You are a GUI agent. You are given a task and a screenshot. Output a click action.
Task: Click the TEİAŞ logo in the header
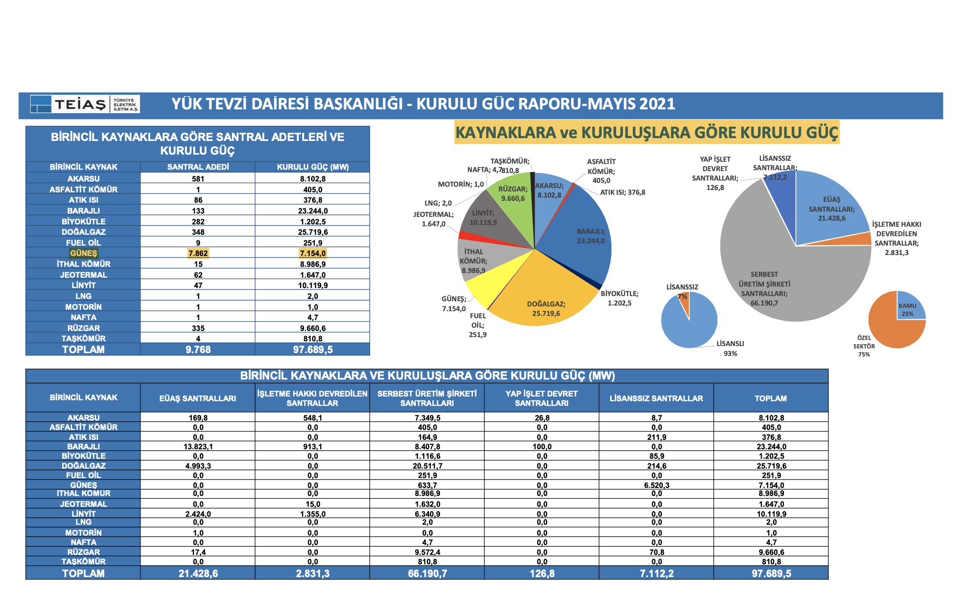[x=85, y=104]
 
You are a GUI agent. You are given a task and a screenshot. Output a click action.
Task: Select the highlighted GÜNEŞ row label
[x=83, y=253]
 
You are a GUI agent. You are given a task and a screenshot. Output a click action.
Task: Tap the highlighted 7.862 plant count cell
[x=198, y=253]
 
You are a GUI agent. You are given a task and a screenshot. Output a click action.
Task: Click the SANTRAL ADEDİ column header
[x=198, y=167]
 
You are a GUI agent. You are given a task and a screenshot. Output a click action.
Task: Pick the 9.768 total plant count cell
[x=198, y=350]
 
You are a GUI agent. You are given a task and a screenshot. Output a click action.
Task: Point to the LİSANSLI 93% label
[x=730, y=348]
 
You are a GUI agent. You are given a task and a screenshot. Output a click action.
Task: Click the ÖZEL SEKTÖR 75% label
[x=864, y=346]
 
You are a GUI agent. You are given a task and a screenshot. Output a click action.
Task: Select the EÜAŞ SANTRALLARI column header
[x=198, y=398]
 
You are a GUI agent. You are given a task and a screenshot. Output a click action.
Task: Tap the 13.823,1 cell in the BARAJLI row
[x=198, y=446]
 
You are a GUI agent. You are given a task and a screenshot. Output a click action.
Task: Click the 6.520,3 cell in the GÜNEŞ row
[x=656, y=485]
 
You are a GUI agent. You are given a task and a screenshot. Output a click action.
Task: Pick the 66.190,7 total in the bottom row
[x=427, y=574]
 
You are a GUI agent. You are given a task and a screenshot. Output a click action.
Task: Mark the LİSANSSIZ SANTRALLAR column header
[x=656, y=398]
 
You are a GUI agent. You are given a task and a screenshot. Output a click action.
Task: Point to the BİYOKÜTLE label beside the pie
[x=619, y=294]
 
